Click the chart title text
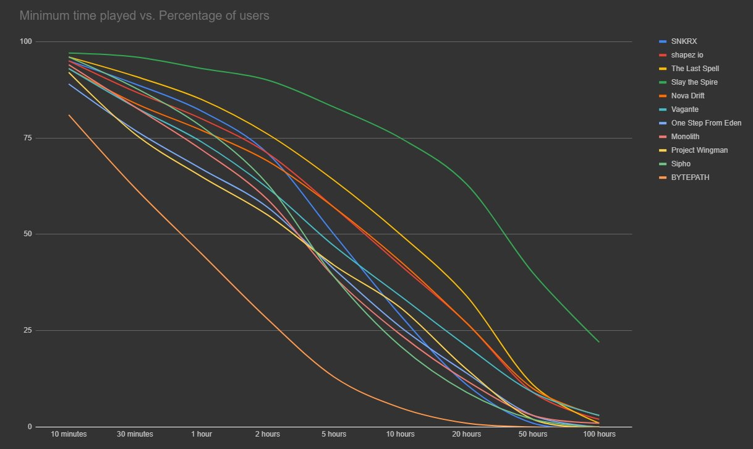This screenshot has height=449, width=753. [x=144, y=16]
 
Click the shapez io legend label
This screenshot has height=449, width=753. [x=687, y=55]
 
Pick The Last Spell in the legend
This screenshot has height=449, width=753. [x=695, y=69]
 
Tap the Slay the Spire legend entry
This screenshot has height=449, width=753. [x=694, y=82]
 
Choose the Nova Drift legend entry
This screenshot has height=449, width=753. [x=687, y=96]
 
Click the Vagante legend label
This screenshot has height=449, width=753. [x=684, y=109]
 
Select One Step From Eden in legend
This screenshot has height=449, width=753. [x=706, y=123]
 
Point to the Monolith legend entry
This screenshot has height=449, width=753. [x=686, y=137]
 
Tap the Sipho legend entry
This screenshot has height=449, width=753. [x=681, y=164]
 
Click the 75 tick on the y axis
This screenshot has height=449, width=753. [x=26, y=138]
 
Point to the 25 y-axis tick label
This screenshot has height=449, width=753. [x=26, y=330]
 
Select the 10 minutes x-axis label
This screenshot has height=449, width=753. [x=69, y=434]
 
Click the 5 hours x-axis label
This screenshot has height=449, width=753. [x=334, y=434]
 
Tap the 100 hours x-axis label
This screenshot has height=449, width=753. [x=599, y=434]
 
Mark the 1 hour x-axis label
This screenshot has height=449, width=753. [x=201, y=434]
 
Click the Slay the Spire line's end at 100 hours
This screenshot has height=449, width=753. [x=599, y=342]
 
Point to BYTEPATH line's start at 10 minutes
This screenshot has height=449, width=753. [x=69, y=115]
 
